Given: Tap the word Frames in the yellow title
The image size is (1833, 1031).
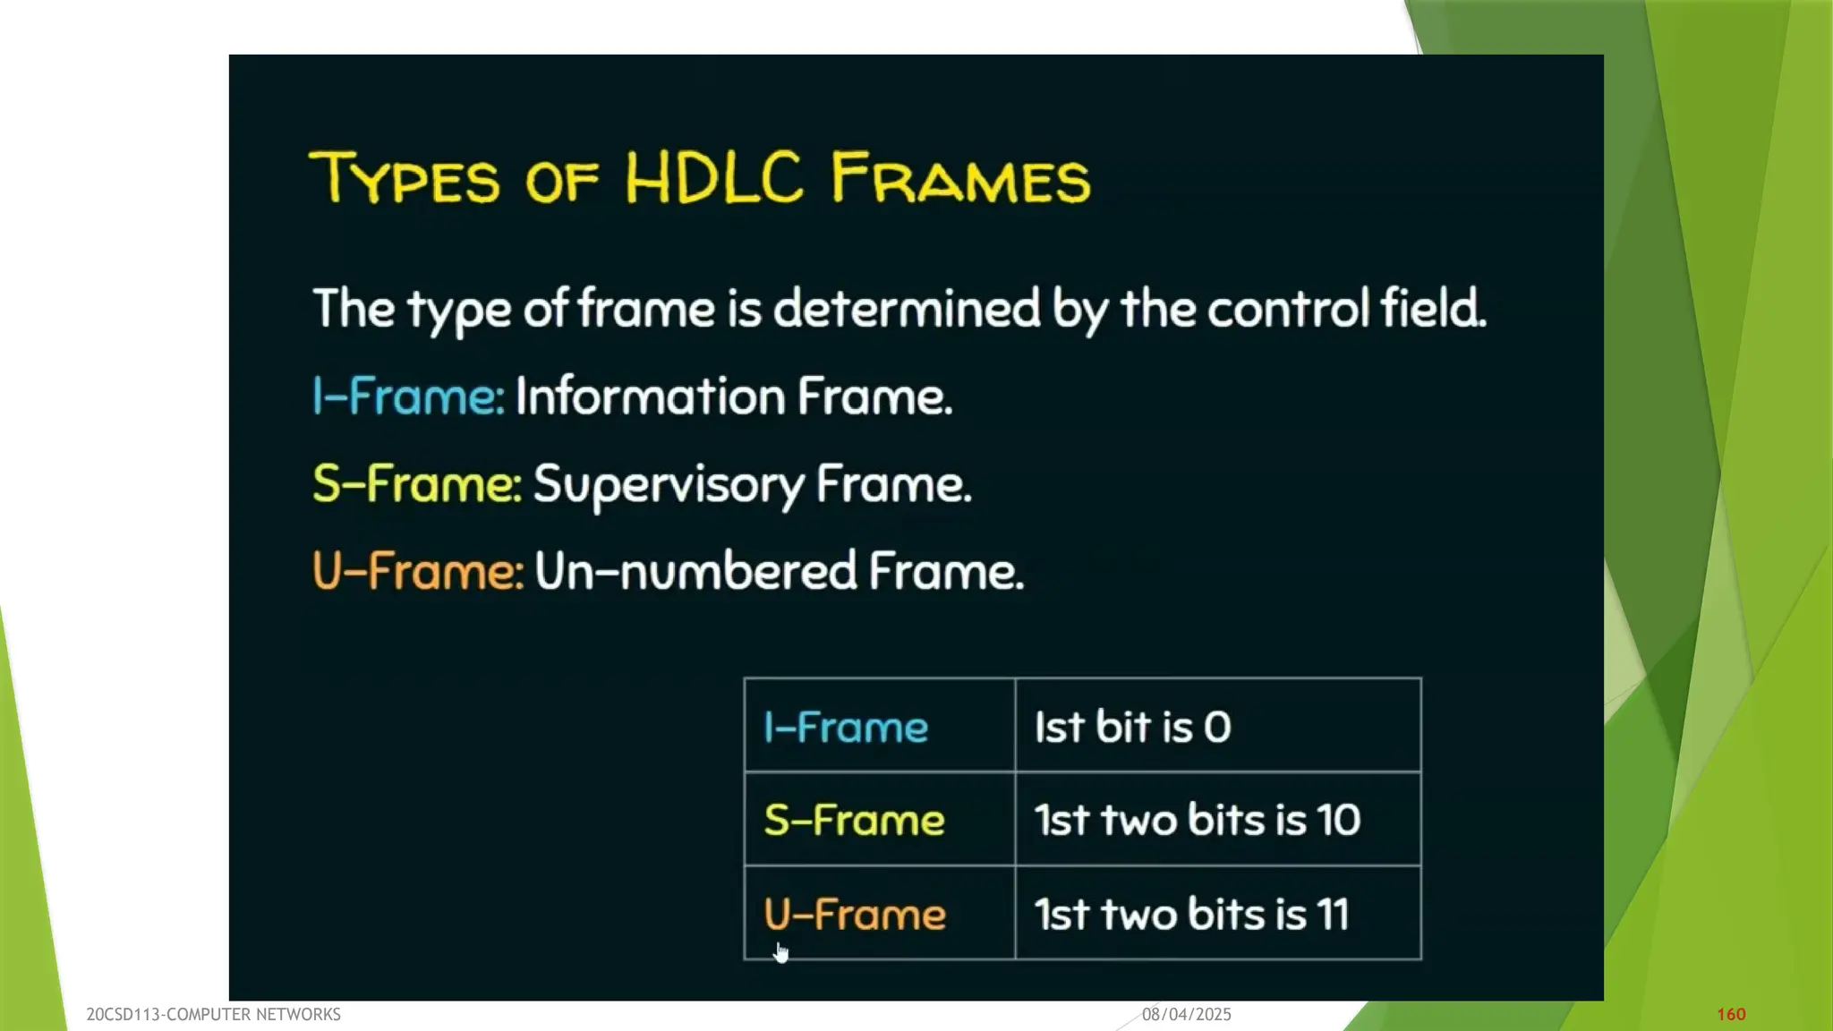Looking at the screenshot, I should pyautogui.click(x=960, y=177).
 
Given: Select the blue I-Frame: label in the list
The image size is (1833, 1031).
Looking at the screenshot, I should pyautogui.click(x=408, y=396).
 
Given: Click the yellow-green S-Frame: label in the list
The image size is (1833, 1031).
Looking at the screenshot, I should pyautogui.click(x=416, y=483).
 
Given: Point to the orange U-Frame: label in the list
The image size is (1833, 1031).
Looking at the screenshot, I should pyautogui.click(x=417, y=571).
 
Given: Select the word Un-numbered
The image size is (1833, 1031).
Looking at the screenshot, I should pyautogui.click(x=695, y=571).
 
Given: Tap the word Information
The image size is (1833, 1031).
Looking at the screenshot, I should pyautogui.click(x=649, y=396).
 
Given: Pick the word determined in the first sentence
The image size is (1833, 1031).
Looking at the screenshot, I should pyautogui.click(x=906, y=308).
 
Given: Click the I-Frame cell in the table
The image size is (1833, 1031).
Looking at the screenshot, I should pyautogui.click(x=846, y=727).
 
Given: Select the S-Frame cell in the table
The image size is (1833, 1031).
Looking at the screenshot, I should pyautogui.click(x=854, y=820).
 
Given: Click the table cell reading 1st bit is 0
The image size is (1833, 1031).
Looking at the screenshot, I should pyautogui.click(x=1132, y=727).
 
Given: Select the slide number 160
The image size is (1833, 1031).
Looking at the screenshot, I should pyautogui.click(x=1731, y=1014).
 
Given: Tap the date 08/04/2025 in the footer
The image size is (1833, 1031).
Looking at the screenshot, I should pyautogui.click(x=1186, y=1014).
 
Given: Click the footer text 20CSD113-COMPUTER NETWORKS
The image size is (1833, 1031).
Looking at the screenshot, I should pyautogui.click(x=213, y=1014).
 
